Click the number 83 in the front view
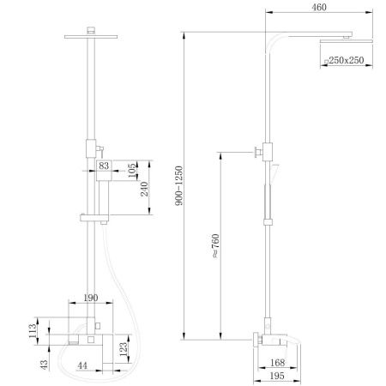(105, 164)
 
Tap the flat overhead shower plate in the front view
(91, 35)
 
